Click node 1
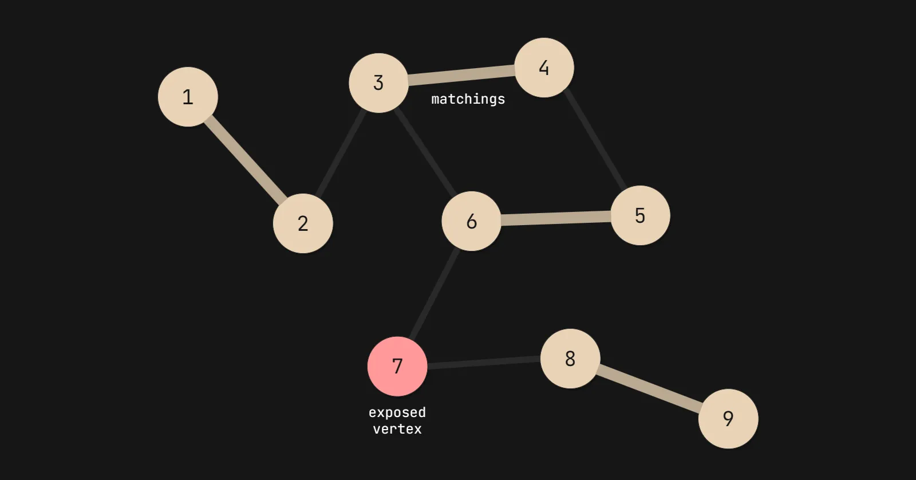tap(188, 97)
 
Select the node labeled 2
tap(303, 223)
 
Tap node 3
tap(378, 83)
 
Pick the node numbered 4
tap(544, 68)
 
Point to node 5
tap(640, 215)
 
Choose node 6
tap(471, 221)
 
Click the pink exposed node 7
tap(397, 366)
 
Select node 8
tap(570, 359)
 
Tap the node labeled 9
tap(728, 418)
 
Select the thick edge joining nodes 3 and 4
tap(461, 76)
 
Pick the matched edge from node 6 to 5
tap(555, 218)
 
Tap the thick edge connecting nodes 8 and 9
tap(649, 388)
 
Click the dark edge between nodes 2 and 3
tap(341, 152)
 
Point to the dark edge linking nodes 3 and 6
tap(425, 152)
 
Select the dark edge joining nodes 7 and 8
tap(484, 363)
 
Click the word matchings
tap(468, 99)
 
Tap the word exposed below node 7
tap(397, 412)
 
